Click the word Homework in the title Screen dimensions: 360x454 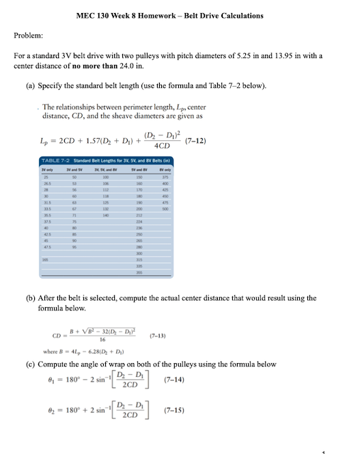[172, 16]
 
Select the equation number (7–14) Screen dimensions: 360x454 [177, 379]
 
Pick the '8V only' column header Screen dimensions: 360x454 [165, 168]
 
